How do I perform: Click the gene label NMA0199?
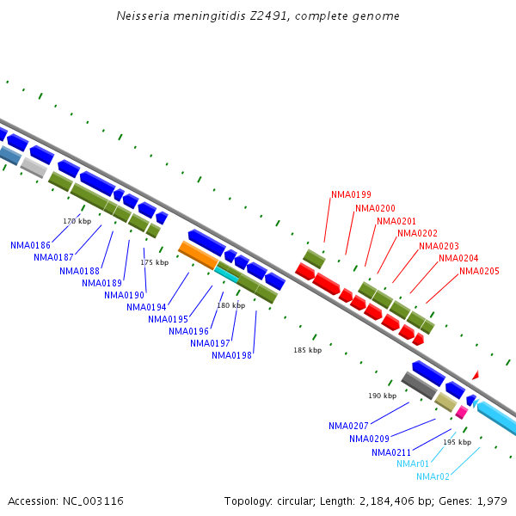(x=351, y=194)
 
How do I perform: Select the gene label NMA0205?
(x=479, y=272)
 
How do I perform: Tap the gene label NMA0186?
(x=30, y=245)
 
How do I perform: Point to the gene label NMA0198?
(x=231, y=355)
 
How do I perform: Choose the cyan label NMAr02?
(x=433, y=476)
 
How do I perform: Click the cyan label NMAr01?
(x=413, y=464)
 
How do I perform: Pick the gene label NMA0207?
(x=348, y=426)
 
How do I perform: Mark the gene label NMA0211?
(x=392, y=452)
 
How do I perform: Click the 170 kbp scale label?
(x=77, y=221)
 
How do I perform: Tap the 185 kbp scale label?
(x=307, y=350)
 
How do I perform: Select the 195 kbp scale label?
(x=457, y=442)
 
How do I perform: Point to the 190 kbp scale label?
(x=382, y=396)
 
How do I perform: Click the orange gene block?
(x=198, y=255)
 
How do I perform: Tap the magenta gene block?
(x=461, y=413)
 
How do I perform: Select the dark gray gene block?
(x=419, y=385)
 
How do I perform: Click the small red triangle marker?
(x=475, y=375)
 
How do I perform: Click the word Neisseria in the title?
(x=144, y=16)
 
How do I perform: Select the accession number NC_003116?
(x=93, y=501)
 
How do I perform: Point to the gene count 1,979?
(x=491, y=501)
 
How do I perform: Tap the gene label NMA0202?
(x=417, y=233)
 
